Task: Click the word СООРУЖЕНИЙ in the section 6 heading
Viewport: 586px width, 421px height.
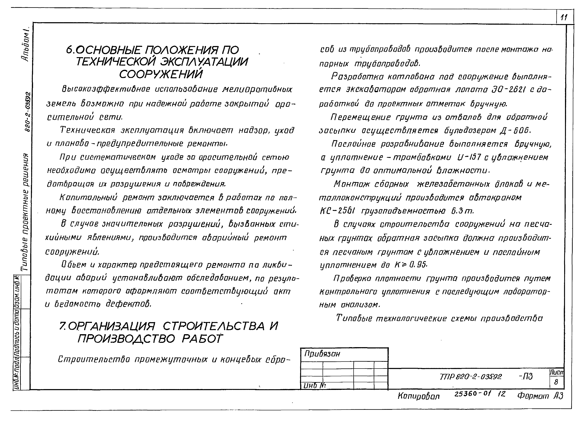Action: (161, 74)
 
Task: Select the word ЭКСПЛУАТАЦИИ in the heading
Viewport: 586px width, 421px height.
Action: (204, 62)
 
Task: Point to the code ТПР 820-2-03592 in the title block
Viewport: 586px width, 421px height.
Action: (471, 376)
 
